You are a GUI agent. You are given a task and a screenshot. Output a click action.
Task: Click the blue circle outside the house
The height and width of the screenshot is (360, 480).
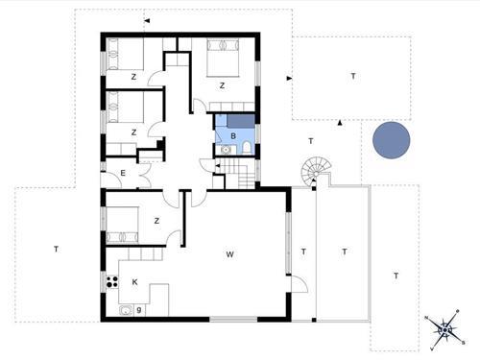[x=392, y=140]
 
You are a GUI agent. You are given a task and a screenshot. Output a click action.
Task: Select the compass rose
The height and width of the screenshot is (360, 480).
[x=444, y=329]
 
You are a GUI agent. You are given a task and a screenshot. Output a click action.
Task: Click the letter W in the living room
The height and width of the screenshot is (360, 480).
[x=229, y=254]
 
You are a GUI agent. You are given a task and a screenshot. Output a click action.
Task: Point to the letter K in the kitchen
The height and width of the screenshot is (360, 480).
[x=134, y=282]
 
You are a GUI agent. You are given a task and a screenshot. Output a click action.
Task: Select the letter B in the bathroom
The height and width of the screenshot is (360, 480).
[x=233, y=136]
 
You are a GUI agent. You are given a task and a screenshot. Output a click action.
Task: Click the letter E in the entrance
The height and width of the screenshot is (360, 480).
[x=123, y=173]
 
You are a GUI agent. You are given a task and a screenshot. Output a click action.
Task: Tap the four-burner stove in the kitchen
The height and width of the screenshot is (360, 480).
[x=112, y=281]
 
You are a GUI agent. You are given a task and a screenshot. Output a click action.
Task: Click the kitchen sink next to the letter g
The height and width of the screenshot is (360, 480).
[x=126, y=310]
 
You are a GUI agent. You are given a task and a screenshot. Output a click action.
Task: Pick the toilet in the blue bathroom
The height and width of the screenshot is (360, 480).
[x=247, y=148]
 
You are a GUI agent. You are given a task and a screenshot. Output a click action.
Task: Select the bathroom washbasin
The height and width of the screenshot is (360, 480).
[x=226, y=150]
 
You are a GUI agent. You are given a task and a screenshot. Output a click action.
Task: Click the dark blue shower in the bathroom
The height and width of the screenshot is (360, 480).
[x=241, y=122]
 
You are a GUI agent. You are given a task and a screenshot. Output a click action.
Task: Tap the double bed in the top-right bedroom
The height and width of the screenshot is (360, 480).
[x=223, y=58]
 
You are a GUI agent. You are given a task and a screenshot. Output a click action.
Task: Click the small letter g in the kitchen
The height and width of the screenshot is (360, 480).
[x=139, y=309]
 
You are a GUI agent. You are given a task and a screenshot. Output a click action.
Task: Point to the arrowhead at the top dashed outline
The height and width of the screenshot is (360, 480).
[x=147, y=21]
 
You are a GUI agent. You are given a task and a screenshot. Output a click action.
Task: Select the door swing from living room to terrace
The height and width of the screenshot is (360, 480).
[x=299, y=284]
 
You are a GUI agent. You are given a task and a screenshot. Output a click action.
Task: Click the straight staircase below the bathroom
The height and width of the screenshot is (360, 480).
[x=240, y=174]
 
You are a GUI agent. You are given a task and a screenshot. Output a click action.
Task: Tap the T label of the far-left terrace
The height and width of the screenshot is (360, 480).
[x=56, y=249]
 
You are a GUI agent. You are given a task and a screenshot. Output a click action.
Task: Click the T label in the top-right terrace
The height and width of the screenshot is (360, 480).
[x=353, y=76]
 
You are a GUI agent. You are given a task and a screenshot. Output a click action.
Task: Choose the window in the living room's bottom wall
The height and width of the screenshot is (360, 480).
[x=233, y=319]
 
